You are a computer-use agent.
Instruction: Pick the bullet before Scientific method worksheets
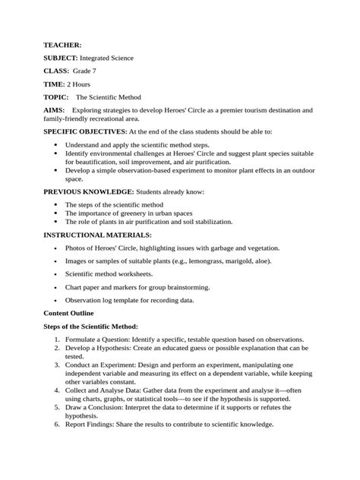pyautogui.click(x=58, y=274)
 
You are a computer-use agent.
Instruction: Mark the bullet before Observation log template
pyautogui.click(x=58, y=301)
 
